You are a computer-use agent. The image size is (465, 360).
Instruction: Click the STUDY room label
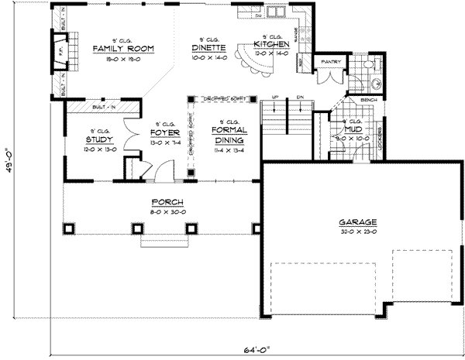(x=100, y=140)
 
